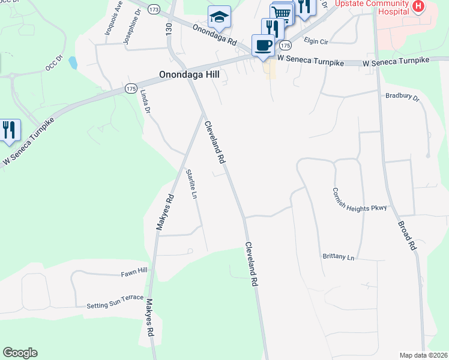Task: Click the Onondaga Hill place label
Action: tap(189, 75)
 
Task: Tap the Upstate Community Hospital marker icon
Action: tap(418, 7)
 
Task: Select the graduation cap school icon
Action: tap(219, 17)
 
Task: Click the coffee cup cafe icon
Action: tap(262, 45)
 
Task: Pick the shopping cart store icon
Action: tap(282, 13)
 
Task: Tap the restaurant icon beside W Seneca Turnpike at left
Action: tap(9, 130)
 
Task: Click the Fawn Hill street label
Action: tap(134, 272)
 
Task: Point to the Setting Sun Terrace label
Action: tap(115, 301)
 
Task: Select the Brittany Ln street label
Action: tap(338, 257)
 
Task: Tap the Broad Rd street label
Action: tap(407, 235)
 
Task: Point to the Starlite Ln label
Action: tap(191, 184)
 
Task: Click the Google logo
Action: tap(20, 353)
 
